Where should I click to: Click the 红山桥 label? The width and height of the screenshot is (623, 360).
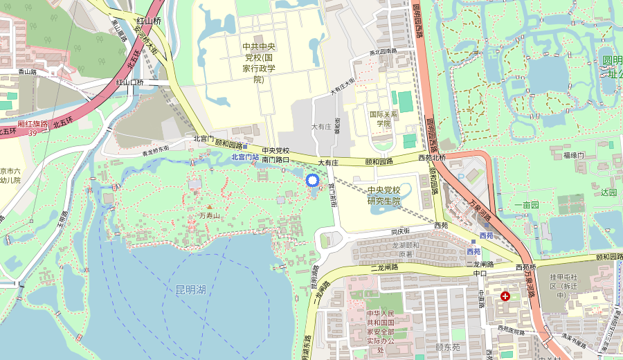pos(149,21)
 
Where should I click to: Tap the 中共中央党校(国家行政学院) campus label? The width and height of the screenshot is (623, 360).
pos(259,63)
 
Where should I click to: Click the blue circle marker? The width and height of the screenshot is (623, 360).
pos(311,181)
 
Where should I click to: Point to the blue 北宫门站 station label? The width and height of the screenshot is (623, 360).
pos(244,157)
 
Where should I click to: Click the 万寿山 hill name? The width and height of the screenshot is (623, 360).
pos(209,216)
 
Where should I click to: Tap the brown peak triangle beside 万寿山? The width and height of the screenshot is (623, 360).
pos(209,207)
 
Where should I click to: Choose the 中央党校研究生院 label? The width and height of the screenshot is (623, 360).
pos(384,196)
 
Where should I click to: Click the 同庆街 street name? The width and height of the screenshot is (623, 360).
pos(401,231)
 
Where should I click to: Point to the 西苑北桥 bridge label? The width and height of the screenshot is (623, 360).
pos(433,158)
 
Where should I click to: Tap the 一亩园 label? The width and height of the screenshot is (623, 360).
pos(526,205)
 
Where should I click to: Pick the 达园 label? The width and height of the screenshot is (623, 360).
pos(608,192)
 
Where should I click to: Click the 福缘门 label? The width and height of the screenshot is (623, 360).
pos(574,154)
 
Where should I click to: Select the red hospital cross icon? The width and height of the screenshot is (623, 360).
pos(505,296)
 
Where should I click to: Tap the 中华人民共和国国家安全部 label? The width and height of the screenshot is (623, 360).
pos(385,332)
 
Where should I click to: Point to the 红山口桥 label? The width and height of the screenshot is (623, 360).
pos(129,82)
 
